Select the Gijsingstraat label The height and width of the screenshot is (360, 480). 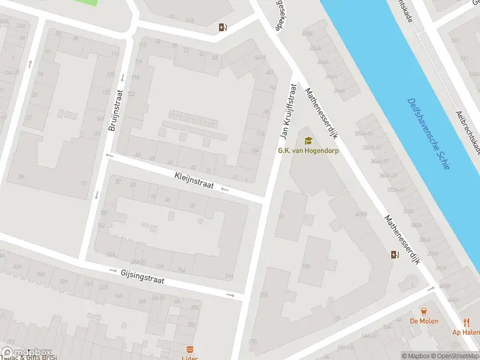[x=142, y=276]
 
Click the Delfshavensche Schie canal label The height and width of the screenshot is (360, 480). [x=428, y=134]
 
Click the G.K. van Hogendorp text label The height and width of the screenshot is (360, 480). [x=308, y=151]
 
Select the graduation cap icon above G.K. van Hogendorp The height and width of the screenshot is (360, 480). [x=308, y=140]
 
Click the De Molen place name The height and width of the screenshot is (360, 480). [x=424, y=321]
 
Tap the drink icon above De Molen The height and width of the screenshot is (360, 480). [x=424, y=311]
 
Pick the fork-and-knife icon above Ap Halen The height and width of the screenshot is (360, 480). [x=466, y=322]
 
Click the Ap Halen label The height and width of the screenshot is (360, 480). [x=466, y=332]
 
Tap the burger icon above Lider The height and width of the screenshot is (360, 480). [x=190, y=349]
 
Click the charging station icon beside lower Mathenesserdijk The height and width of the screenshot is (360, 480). [x=394, y=254]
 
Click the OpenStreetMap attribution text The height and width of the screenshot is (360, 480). [x=452, y=356]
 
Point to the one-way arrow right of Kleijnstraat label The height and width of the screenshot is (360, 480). [x=225, y=189]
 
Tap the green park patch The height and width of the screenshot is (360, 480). [x=87, y=2]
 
